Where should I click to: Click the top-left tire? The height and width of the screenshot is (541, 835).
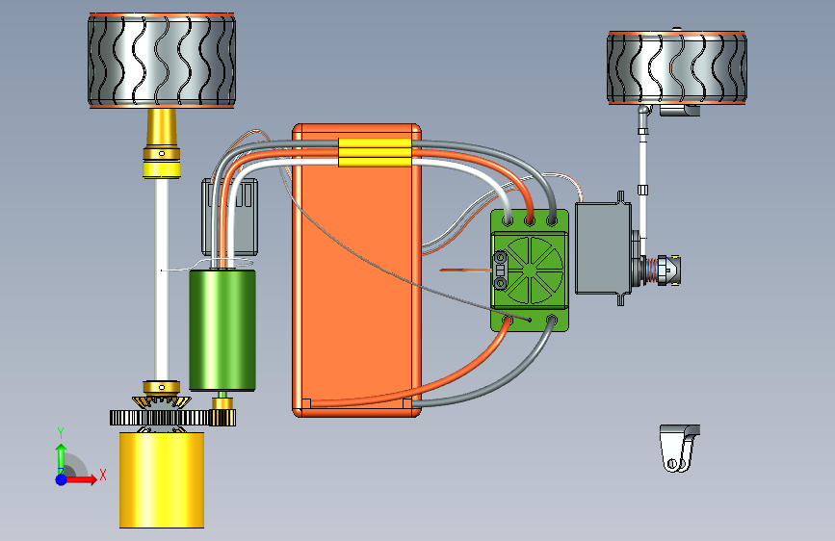coord(162,61)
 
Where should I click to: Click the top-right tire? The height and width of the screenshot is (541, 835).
coord(677,67)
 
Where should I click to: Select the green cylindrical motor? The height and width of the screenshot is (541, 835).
coord(222,330)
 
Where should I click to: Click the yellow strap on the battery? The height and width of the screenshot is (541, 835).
coord(375,153)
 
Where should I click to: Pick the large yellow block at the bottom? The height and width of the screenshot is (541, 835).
coord(162,479)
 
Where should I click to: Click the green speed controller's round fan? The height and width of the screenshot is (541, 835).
coord(529,270)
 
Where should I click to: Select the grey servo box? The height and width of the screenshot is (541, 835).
coord(603,248)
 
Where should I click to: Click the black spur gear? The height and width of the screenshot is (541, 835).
coord(160,418)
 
